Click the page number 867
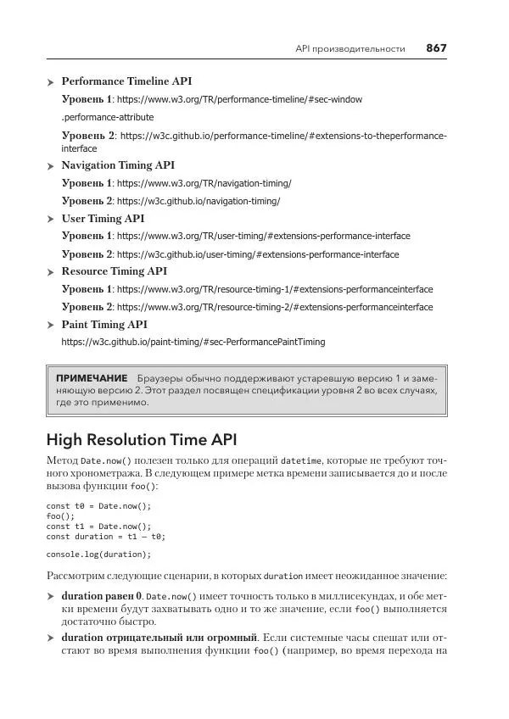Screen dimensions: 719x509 (x=435, y=48)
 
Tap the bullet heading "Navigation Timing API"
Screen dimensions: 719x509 (x=118, y=165)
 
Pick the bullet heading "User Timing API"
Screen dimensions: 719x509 (x=103, y=219)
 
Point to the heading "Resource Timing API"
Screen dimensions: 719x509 (x=114, y=271)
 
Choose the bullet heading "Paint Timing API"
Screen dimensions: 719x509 (x=104, y=325)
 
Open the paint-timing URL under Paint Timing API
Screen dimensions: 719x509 (x=193, y=343)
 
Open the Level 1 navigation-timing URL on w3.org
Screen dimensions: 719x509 (x=204, y=184)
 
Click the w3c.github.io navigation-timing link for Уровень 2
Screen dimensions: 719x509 (x=198, y=202)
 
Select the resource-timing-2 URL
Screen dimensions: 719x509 (x=275, y=307)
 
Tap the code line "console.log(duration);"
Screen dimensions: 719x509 (x=98, y=555)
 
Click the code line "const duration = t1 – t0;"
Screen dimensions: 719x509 (x=105, y=537)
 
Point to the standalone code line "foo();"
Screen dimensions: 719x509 (x=60, y=516)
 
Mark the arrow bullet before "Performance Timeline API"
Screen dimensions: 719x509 (x=51, y=82)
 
